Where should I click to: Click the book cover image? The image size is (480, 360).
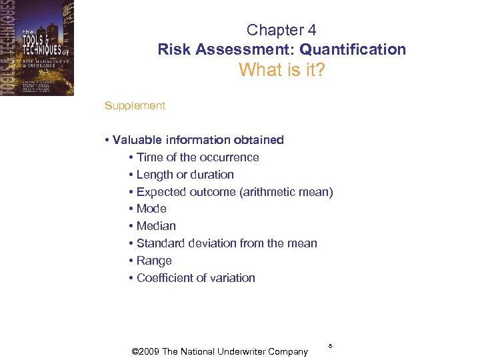tap(37, 48)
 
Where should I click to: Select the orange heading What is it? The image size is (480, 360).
tap(281, 69)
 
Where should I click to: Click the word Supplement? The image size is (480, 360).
tap(135, 105)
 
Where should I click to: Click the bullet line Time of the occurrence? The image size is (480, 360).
tap(197, 157)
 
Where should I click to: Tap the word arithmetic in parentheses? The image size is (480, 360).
tap(283, 192)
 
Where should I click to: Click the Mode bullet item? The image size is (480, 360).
tap(151, 209)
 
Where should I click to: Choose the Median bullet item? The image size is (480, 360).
tap(156, 226)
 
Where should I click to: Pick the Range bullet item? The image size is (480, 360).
tap(154, 261)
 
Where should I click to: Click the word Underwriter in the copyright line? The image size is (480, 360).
tap(234, 351)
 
